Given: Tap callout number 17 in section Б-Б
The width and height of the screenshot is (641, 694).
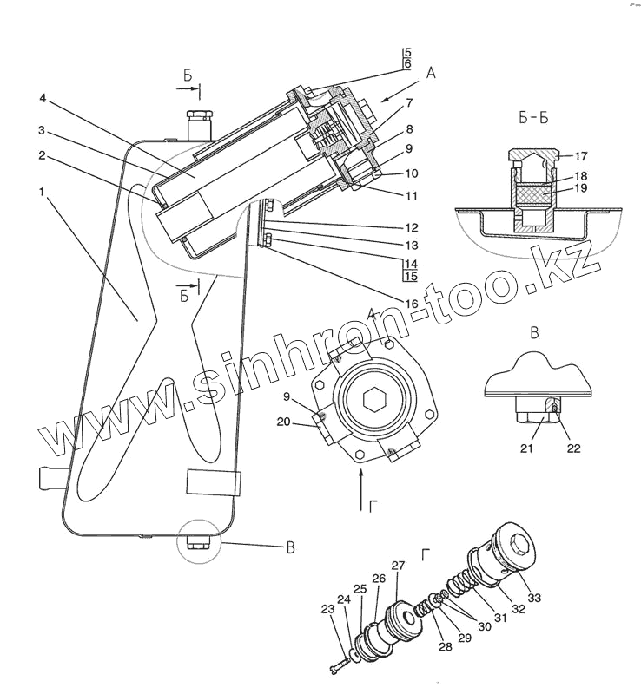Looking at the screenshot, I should pyautogui.click(x=581, y=157).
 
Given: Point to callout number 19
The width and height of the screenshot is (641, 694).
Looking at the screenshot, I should pyautogui.click(x=581, y=188).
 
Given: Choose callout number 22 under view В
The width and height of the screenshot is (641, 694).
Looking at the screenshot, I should pyautogui.click(x=574, y=449).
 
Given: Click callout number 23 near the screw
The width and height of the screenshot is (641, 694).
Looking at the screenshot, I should pyautogui.click(x=327, y=609).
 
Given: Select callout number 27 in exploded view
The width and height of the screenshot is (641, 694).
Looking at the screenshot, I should pyautogui.click(x=398, y=566).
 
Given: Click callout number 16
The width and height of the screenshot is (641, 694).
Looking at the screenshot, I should pyautogui.click(x=411, y=304).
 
